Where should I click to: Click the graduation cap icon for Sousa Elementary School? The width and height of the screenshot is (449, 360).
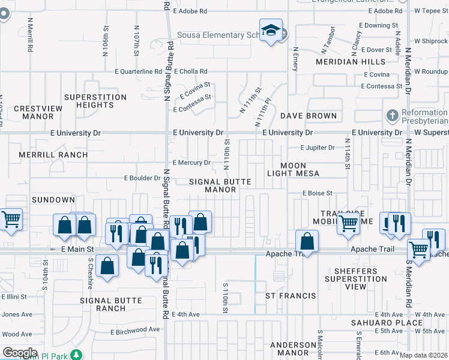(271, 31)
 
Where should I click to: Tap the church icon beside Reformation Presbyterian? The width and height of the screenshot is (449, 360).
(393, 115)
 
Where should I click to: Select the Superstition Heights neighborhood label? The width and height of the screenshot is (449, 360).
(95, 101)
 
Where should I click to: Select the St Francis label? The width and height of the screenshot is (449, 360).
(291, 296)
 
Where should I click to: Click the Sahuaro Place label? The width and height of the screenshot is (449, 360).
(379, 323)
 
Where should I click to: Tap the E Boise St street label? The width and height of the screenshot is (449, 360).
(317, 193)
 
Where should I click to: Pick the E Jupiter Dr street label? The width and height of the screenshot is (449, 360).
(318, 148)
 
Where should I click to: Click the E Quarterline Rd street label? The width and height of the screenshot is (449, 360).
(143, 71)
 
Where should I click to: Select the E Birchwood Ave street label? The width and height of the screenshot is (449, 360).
(135, 329)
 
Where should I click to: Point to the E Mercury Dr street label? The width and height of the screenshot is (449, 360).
(191, 163)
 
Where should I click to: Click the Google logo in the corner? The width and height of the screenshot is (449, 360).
(19, 353)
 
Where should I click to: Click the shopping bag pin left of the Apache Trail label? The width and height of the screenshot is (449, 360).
(307, 241)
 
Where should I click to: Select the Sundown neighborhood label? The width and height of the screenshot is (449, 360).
(53, 200)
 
